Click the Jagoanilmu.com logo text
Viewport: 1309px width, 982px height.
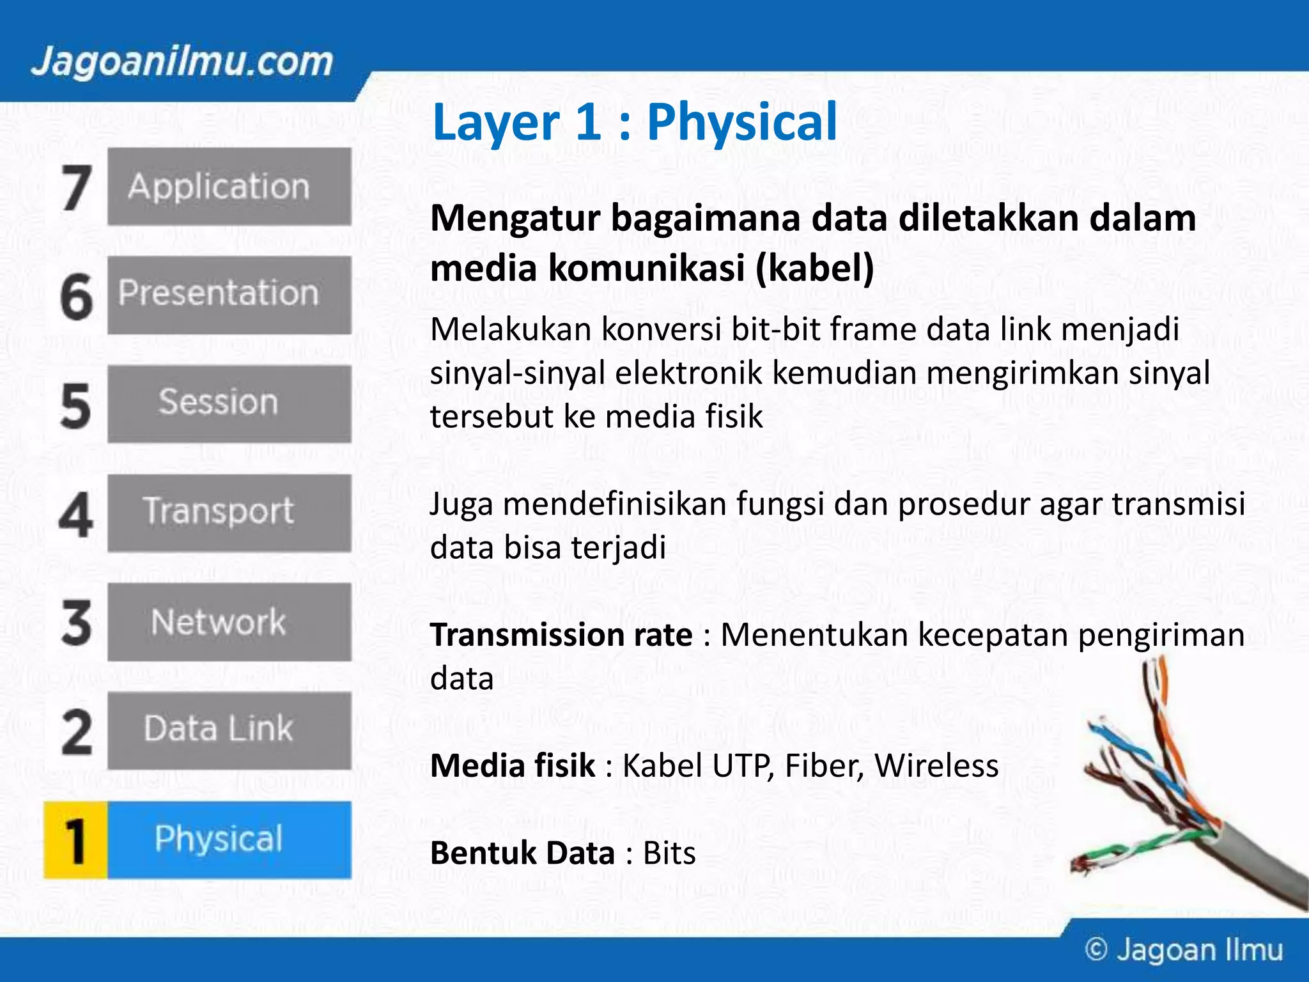(182, 63)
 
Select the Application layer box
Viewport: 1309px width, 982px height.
(229, 187)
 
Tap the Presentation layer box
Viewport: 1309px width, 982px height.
(229, 295)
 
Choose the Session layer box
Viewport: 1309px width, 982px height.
(229, 403)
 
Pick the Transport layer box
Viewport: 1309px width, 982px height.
(229, 512)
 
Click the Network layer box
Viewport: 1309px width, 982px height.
(229, 621)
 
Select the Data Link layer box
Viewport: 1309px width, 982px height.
(229, 730)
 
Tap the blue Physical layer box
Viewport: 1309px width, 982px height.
(229, 839)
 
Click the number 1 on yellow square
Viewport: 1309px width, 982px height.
(75, 840)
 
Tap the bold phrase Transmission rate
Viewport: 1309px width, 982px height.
(561, 635)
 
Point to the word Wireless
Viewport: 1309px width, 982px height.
(936, 766)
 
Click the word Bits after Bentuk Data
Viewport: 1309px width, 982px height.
(669, 853)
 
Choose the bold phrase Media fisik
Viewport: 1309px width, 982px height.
(513, 766)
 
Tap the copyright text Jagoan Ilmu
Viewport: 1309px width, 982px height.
(1184, 950)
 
